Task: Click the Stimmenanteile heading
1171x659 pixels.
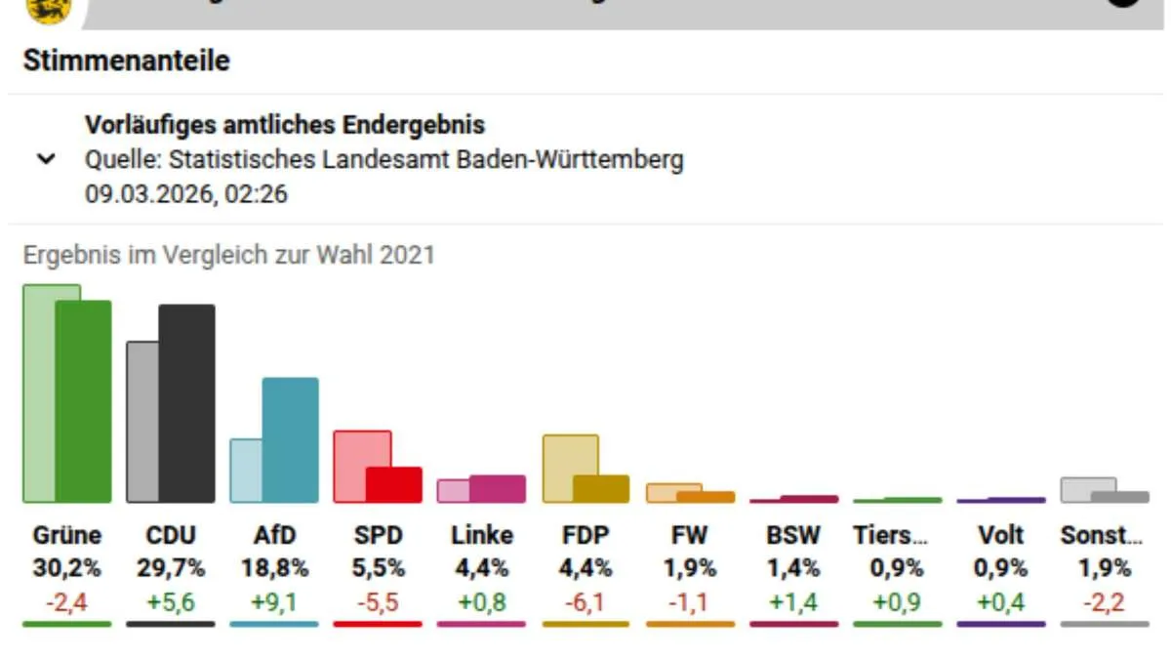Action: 126,61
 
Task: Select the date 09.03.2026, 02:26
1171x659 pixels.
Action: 185,193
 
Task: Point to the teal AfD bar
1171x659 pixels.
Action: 291,439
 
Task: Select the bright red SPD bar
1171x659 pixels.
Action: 394,485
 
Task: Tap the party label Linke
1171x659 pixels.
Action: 482,535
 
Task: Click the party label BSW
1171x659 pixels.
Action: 793,535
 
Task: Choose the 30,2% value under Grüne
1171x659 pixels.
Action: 66,567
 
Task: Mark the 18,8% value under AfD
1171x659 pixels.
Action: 274,567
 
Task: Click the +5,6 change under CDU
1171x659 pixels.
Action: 171,602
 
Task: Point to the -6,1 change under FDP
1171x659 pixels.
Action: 585,602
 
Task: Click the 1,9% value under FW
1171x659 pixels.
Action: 690,567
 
